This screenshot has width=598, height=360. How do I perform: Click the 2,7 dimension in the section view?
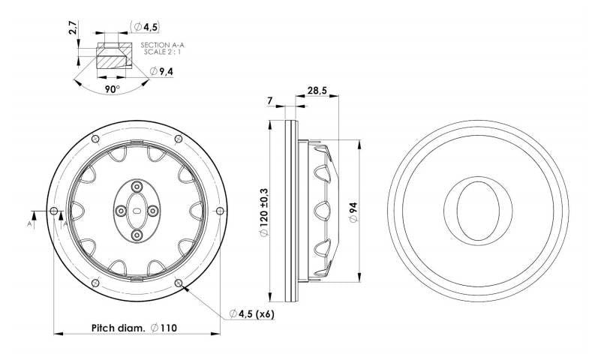[x=74, y=28]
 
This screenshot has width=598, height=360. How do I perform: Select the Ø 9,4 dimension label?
[x=160, y=71]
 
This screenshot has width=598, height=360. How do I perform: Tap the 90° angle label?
[x=113, y=89]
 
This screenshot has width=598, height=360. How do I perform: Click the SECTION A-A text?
[x=163, y=45]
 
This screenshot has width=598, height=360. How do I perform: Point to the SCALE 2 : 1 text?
[x=163, y=52]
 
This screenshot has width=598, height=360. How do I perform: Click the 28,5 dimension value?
[x=317, y=91]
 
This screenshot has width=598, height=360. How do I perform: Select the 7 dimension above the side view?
[x=270, y=101]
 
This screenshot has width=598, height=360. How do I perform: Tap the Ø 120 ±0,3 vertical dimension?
[x=264, y=212]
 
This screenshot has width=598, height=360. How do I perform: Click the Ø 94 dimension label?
[x=353, y=212]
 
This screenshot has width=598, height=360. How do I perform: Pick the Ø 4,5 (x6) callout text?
[x=251, y=313]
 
